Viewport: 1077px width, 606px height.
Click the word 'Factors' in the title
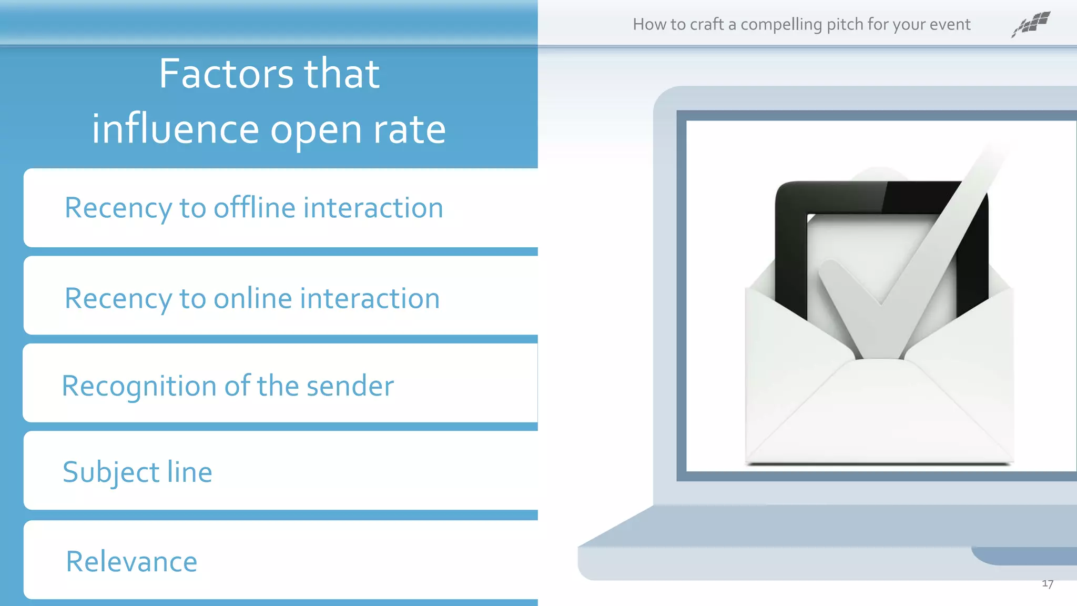(226, 74)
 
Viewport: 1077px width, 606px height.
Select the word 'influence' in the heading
(175, 129)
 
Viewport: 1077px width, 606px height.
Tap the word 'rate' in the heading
(409, 130)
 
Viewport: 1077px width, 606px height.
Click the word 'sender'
(350, 386)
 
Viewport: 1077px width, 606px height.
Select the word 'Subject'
(111, 472)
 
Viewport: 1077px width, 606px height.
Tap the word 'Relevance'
(131, 561)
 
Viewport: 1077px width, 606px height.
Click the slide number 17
(1047, 584)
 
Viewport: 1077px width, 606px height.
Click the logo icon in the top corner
(1031, 24)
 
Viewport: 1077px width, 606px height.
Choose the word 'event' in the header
(949, 25)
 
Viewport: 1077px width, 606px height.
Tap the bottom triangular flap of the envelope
(879, 416)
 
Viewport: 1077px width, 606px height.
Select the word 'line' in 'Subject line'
(189, 472)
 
